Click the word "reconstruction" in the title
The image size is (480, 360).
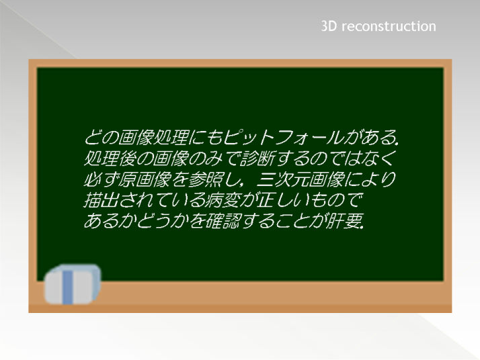tap(389, 26)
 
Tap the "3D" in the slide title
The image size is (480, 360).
tap(329, 26)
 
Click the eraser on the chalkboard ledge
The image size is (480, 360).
tap(73, 285)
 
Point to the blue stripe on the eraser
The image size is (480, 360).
tap(68, 287)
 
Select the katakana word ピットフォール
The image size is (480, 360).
tap(283, 137)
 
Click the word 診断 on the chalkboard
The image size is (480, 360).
tap(257, 158)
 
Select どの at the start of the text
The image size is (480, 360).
tap(100, 137)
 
